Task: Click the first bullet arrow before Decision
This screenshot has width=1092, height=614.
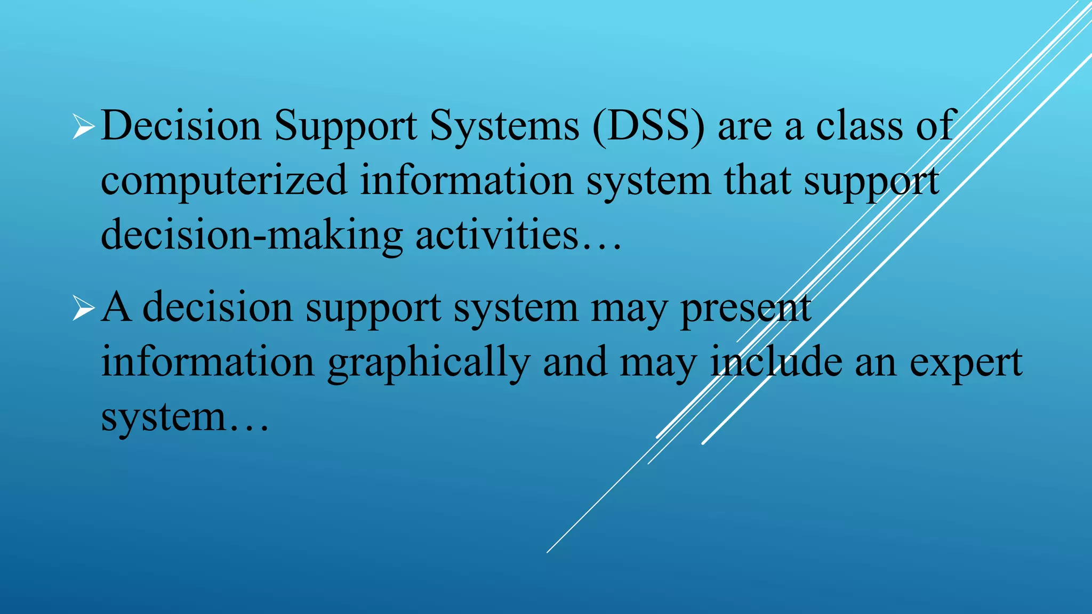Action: (x=83, y=127)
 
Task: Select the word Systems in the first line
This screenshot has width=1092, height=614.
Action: (x=504, y=127)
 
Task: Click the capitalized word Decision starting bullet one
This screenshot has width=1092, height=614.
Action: (x=181, y=126)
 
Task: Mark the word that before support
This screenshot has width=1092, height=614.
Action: (x=757, y=181)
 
